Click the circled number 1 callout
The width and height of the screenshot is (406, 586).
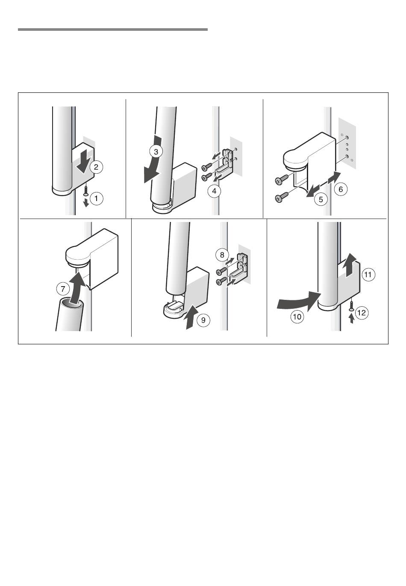click(96, 198)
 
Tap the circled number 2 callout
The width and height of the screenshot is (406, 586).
click(96, 167)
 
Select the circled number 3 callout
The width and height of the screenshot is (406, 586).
click(156, 152)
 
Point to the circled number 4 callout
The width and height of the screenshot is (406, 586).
click(214, 191)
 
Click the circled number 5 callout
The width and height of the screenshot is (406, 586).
click(321, 200)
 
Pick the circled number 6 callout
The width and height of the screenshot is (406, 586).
click(340, 189)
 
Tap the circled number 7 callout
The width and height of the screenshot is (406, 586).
click(63, 289)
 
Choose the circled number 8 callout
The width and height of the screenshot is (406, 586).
click(222, 255)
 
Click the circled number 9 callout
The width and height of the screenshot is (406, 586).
click(203, 320)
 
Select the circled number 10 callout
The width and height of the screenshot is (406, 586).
click(297, 317)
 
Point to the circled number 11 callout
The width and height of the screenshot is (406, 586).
click(368, 275)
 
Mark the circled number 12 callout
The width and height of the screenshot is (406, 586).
click(362, 313)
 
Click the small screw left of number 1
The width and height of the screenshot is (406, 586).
click(86, 190)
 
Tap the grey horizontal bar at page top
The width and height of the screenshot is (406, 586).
click(113, 30)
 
